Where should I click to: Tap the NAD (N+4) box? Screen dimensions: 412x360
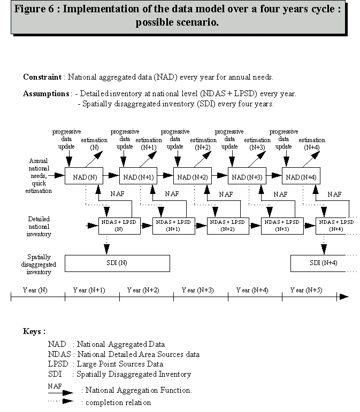point(301,177)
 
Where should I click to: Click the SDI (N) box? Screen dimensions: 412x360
point(117,263)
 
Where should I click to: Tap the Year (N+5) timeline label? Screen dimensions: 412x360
point(305,290)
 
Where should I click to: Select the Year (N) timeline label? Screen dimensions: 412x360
point(35,290)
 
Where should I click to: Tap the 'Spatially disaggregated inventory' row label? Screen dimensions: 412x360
point(40,265)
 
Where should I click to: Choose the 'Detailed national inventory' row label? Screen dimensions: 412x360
point(40,226)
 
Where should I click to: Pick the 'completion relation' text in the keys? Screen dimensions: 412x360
point(116,402)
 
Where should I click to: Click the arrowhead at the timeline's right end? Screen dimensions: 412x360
point(344,297)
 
